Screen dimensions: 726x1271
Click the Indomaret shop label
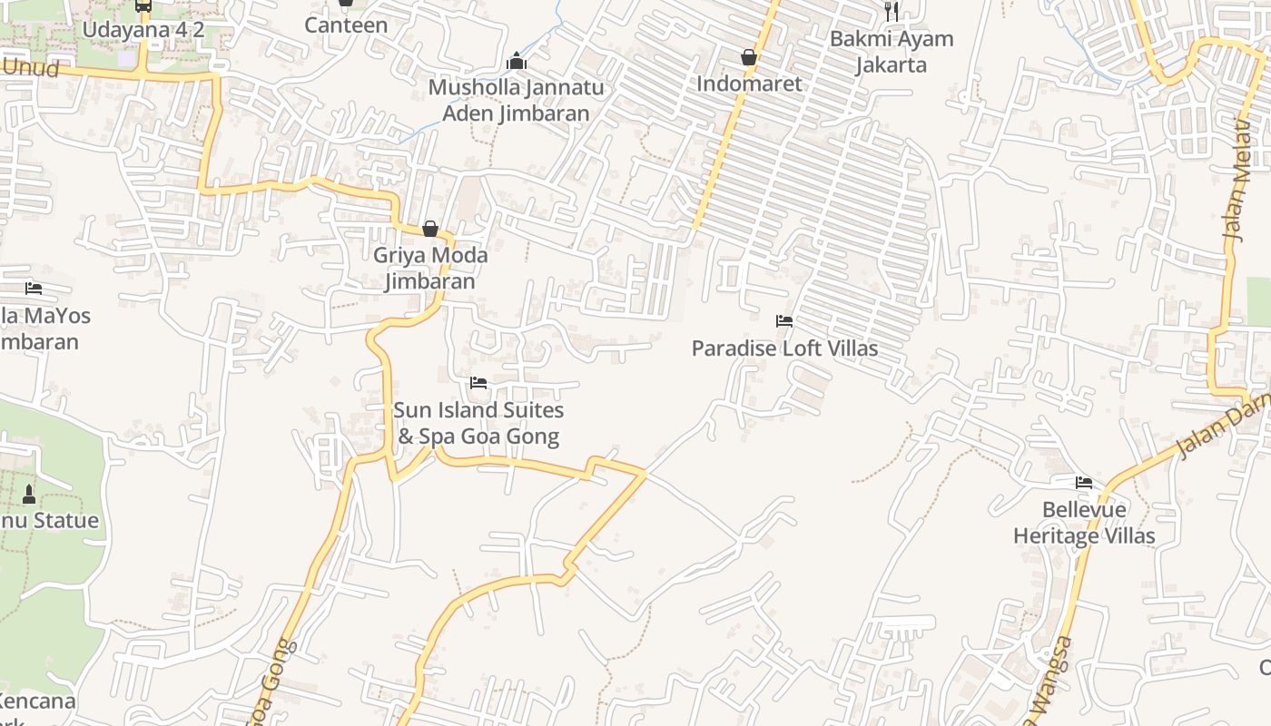(x=749, y=83)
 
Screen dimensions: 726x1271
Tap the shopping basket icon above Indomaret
(x=749, y=58)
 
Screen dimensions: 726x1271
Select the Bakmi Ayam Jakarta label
(x=891, y=52)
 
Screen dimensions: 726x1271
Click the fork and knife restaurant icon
(x=892, y=11)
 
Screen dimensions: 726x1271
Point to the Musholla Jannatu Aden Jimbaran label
(x=516, y=101)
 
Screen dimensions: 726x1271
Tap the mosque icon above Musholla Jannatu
(x=517, y=62)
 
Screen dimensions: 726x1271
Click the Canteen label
(x=346, y=25)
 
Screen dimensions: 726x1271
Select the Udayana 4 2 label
(x=143, y=30)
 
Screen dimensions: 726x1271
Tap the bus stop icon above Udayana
(x=143, y=5)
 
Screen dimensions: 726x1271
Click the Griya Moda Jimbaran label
(x=429, y=268)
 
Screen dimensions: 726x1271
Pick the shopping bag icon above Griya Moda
(x=430, y=229)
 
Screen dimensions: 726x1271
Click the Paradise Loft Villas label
(x=784, y=348)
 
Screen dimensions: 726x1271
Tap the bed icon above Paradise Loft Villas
(x=784, y=321)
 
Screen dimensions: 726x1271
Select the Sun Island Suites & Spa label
(x=478, y=423)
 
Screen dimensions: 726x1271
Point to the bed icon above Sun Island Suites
(x=478, y=383)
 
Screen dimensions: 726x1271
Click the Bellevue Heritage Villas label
(x=1084, y=523)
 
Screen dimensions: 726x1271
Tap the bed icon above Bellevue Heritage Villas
(x=1084, y=483)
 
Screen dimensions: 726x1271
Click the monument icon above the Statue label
(x=29, y=495)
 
